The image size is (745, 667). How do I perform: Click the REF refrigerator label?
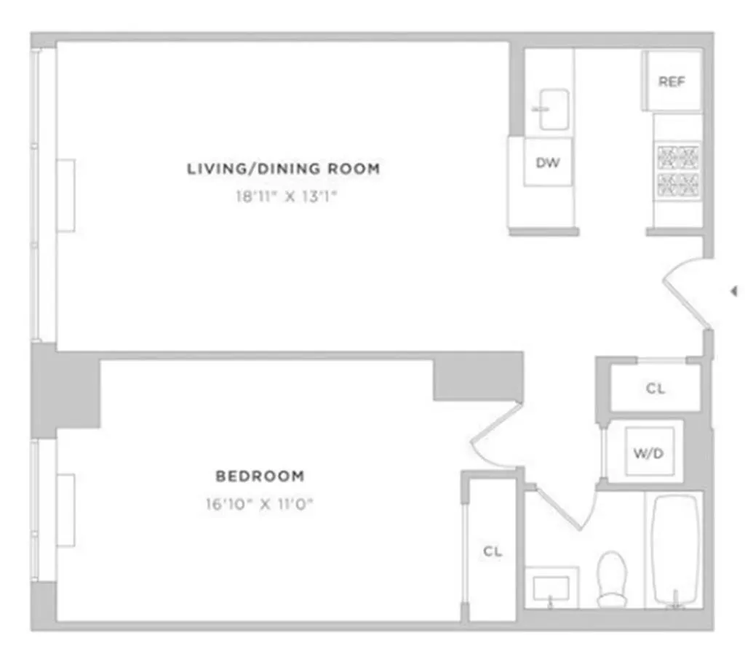click(x=672, y=81)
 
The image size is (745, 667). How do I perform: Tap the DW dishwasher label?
click(x=548, y=163)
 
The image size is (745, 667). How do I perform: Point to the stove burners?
click(x=678, y=169)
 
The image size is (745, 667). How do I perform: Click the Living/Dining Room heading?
click(x=284, y=169)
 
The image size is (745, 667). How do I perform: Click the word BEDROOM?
click(x=260, y=476)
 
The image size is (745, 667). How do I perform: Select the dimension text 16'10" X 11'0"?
click(x=260, y=503)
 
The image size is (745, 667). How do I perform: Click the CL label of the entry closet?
click(x=656, y=388)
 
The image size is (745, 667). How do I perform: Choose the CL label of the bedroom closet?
click(x=493, y=551)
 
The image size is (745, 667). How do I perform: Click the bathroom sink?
click(x=551, y=586)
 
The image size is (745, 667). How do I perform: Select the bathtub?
click(x=674, y=549)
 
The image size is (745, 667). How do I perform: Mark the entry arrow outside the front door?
click(x=733, y=291)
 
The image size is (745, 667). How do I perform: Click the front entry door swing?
click(x=684, y=291)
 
